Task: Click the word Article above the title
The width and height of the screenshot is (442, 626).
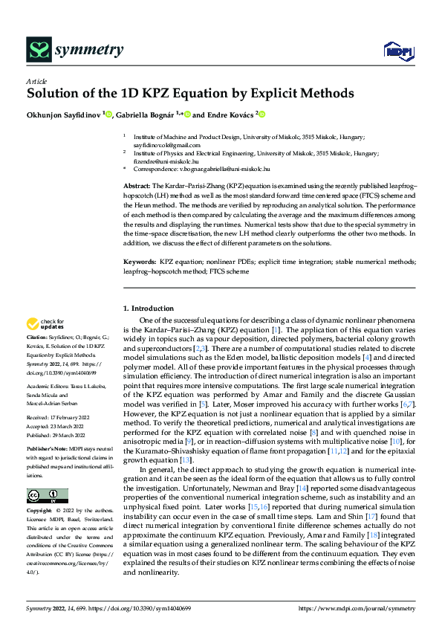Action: [36, 81]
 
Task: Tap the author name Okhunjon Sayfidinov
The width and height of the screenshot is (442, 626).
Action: [64, 114]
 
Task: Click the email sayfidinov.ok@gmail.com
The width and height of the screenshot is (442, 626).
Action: [164, 145]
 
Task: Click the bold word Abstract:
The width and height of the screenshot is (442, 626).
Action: [137, 185]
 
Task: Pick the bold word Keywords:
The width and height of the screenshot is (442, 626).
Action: [140, 262]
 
